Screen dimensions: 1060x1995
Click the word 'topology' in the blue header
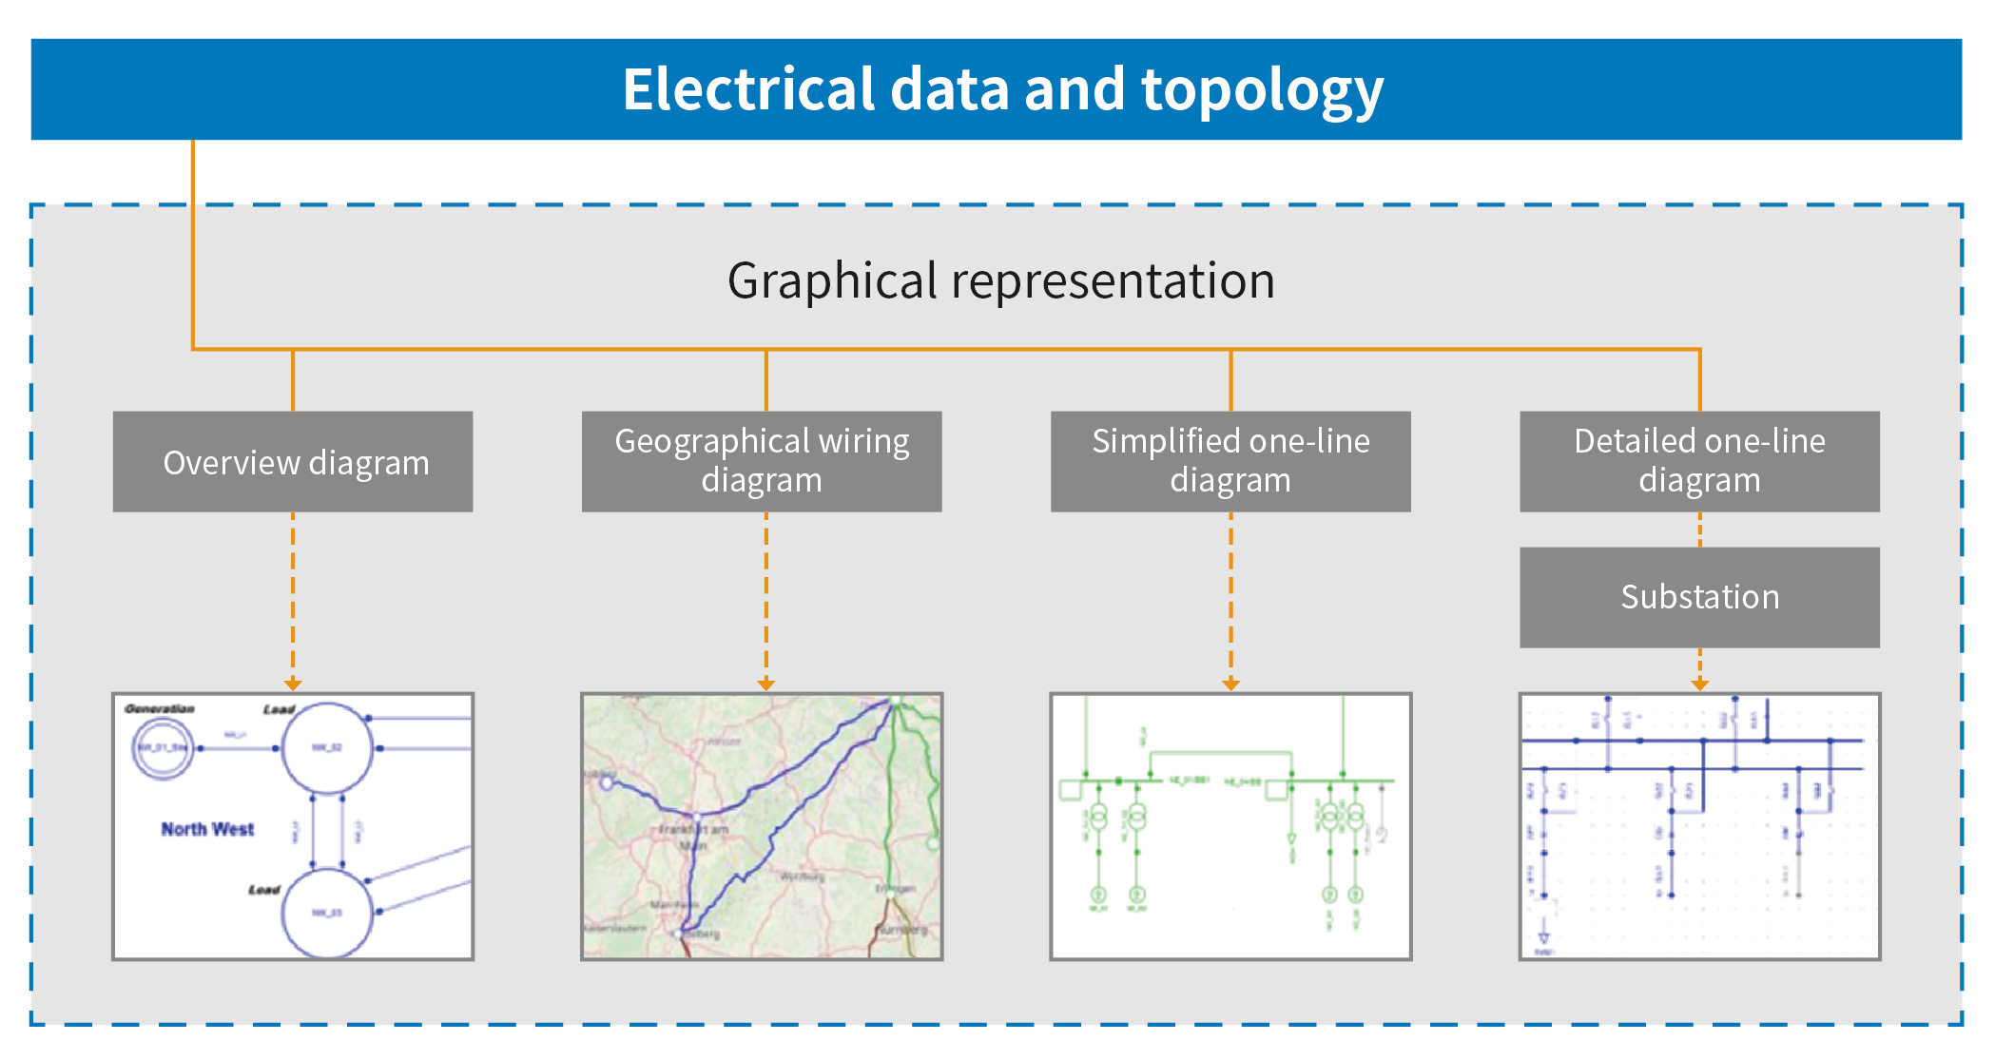[x=1262, y=90]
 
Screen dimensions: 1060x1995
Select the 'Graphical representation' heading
[x=1000, y=280]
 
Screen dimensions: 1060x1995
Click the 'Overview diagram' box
[x=293, y=462]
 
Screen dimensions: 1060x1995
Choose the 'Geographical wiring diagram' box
[x=762, y=462]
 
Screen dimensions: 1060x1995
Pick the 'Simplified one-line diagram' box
[x=1230, y=462]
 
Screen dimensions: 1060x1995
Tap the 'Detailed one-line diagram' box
[x=1699, y=462]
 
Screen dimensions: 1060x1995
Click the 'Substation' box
[x=1699, y=597]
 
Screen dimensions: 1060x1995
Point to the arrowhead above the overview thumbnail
[x=293, y=684]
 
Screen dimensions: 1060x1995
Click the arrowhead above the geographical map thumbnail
[x=766, y=684]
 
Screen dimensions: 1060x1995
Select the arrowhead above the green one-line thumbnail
[x=1230, y=684]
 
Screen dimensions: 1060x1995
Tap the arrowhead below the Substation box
[x=1700, y=684]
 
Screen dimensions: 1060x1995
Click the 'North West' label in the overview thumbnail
[x=207, y=829]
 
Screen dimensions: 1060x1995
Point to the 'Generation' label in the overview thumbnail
[x=160, y=709]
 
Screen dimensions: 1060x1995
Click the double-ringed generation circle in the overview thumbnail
[x=163, y=748]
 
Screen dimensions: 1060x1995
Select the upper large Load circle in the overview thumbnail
[x=327, y=748]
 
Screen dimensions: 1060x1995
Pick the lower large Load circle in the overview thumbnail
[x=327, y=913]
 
